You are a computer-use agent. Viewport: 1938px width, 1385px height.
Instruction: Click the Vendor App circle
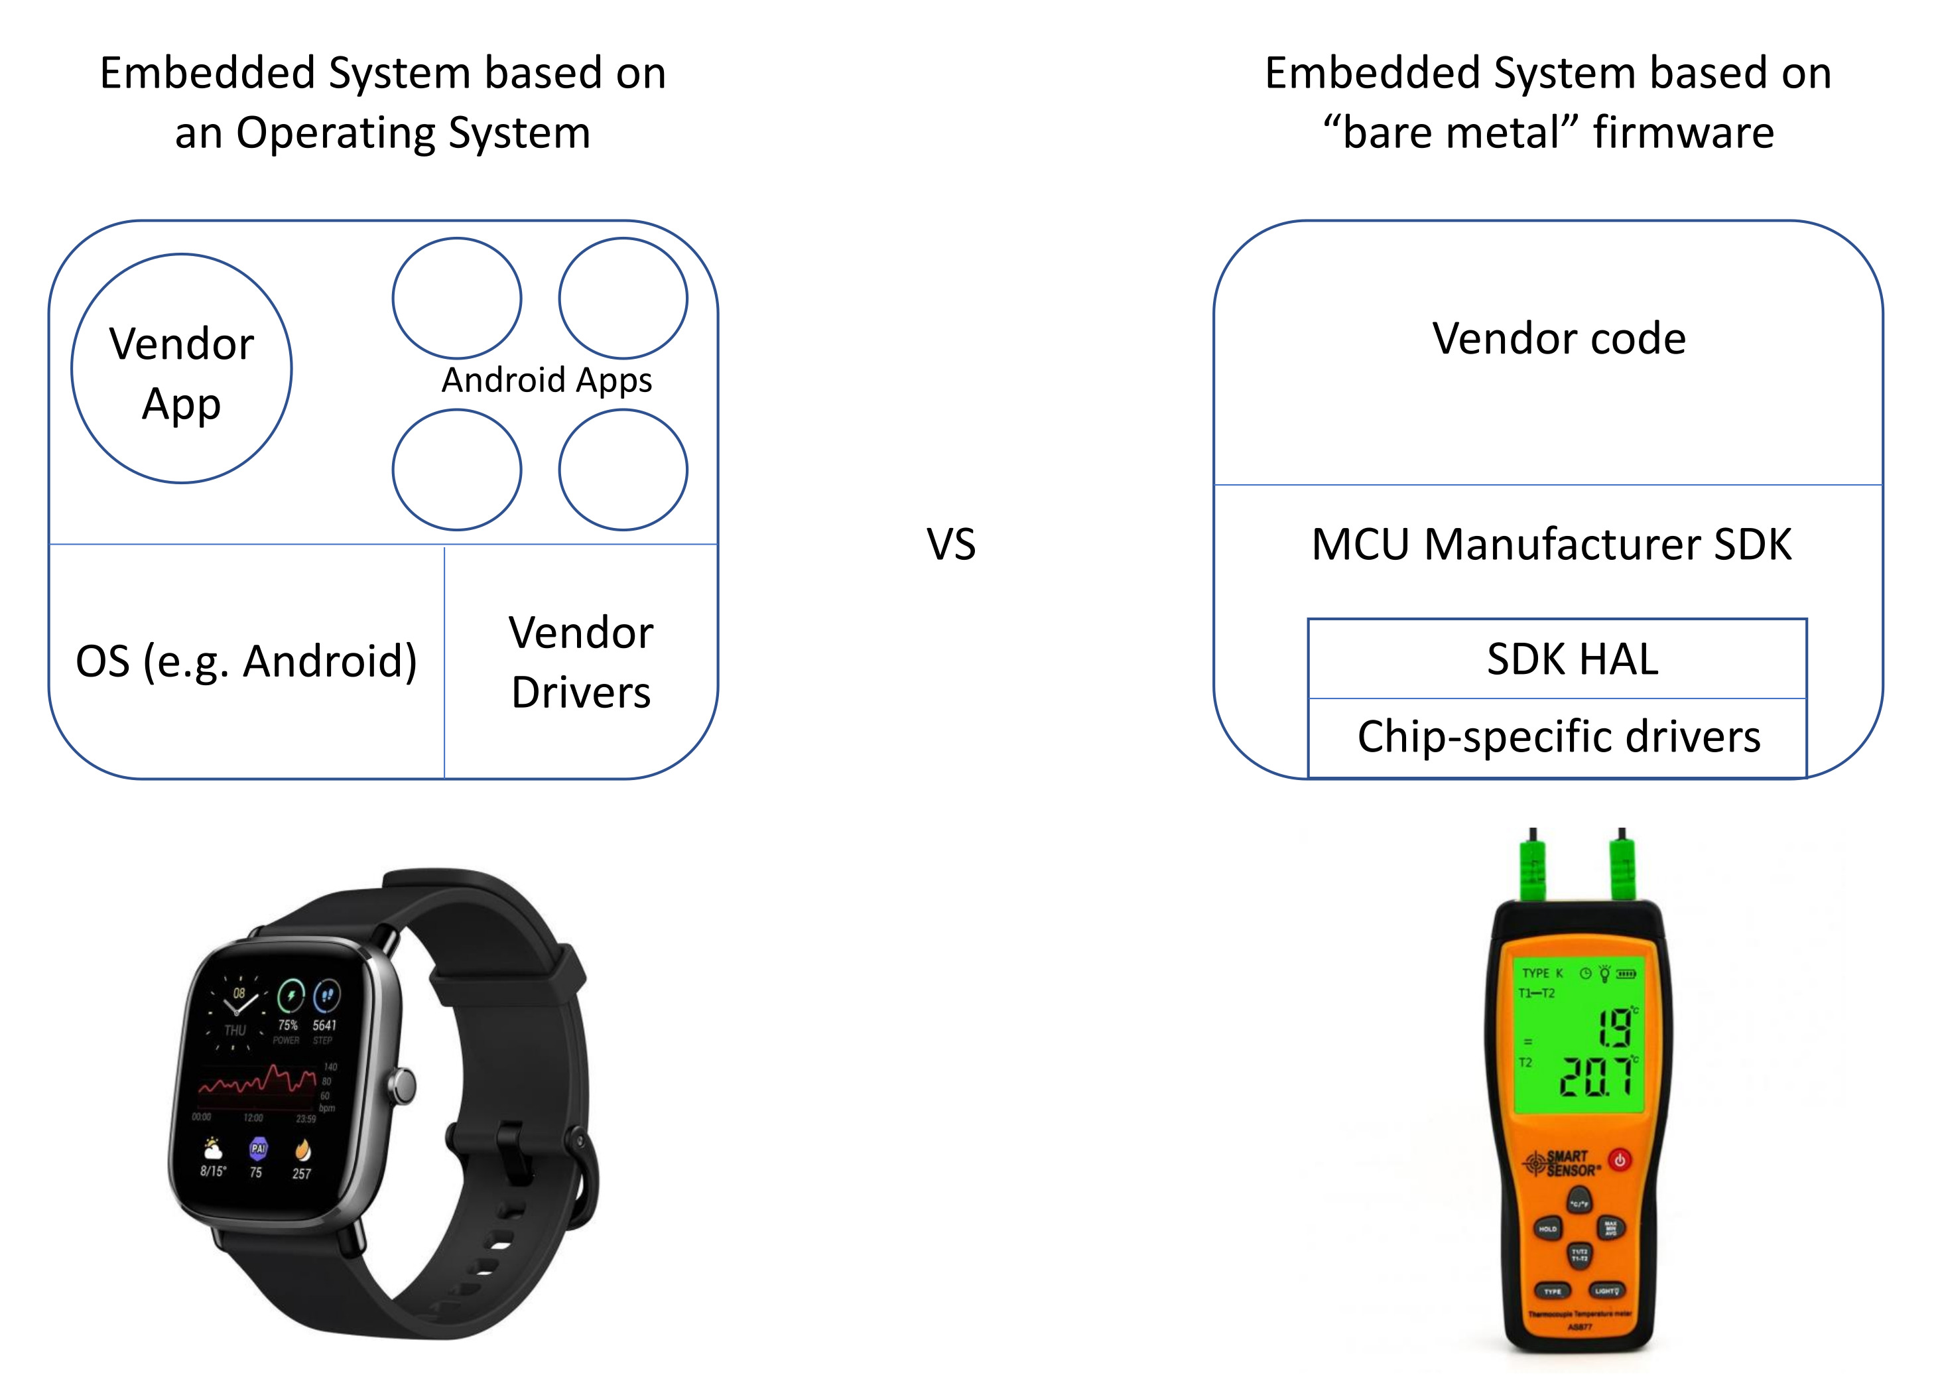pyautogui.click(x=182, y=368)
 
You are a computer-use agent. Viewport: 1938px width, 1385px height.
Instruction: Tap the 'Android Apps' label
pyautogui.click(x=546, y=380)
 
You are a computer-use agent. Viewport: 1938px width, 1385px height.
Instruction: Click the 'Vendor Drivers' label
pyautogui.click(x=580, y=662)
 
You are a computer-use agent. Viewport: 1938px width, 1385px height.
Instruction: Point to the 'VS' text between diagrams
pyautogui.click(x=950, y=544)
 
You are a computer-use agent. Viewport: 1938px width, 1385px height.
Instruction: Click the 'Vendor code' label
pyautogui.click(x=1558, y=338)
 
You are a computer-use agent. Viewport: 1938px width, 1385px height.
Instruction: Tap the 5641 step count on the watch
pyautogui.click(x=324, y=1025)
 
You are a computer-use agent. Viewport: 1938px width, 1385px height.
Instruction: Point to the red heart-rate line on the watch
pyautogui.click(x=256, y=1081)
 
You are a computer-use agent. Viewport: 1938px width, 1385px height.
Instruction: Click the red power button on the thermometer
pyautogui.click(x=1619, y=1160)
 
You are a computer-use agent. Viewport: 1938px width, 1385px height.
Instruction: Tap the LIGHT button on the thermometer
pyautogui.click(x=1606, y=1290)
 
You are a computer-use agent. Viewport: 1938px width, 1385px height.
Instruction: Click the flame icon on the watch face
pyautogui.click(x=302, y=1150)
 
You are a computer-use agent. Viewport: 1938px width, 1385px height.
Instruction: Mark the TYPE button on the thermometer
pyautogui.click(x=1552, y=1291)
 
